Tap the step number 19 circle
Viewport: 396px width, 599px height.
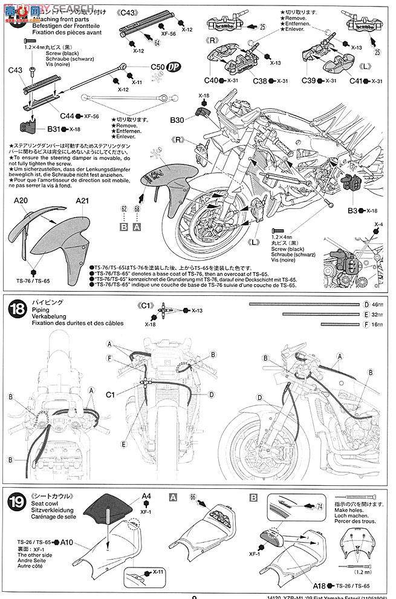coord(16,500)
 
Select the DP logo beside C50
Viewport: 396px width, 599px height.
coord(157,68)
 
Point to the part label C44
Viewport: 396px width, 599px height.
coord(68,116)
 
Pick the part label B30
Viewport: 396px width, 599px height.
coord(178,120)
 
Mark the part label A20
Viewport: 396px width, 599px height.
coord(21,201)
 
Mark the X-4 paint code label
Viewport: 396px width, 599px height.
coord(378,225)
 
